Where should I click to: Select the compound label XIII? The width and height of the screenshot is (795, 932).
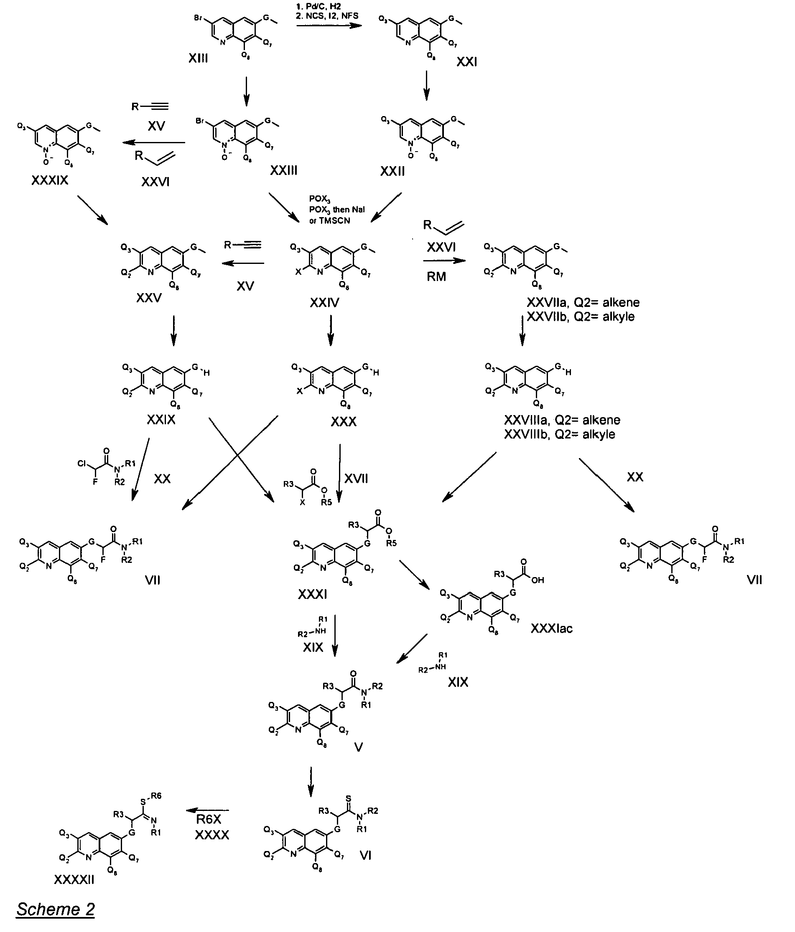[x=198, y=58]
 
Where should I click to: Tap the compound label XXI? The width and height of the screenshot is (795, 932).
[x=467, y=62]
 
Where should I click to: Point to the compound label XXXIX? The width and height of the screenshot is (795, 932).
[x=50, y=180]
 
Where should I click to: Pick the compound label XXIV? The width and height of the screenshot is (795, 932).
[x=325, y=303]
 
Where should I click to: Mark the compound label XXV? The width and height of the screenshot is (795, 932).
[x=149, y=298]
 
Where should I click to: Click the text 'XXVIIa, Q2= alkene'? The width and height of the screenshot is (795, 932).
[x=583, y=302]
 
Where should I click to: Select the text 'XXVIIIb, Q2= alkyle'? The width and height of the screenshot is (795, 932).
[x=560, y=434]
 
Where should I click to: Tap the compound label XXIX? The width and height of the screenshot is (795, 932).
[x=161, y=420]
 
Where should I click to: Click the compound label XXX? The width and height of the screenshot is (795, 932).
[x=344, y=421]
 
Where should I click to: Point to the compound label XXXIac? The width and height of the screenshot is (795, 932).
[x=551, y=628]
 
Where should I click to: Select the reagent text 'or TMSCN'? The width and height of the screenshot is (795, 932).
[x=329, y=220]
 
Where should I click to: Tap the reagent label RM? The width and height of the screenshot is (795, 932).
[x=436, y=276]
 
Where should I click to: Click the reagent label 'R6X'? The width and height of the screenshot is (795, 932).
[x=209, y=820]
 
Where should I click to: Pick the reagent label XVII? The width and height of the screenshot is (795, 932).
[x=356, y=478]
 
